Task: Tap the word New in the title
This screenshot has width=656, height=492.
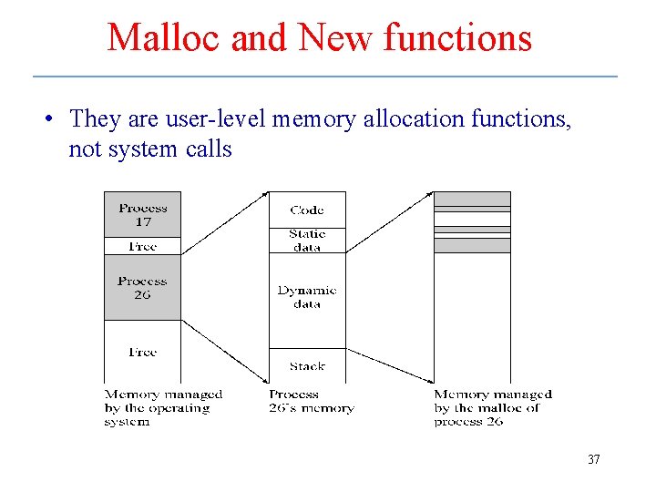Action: (335, 38)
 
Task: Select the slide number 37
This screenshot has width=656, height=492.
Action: (593, 459)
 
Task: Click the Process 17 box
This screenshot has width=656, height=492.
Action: (142, 214)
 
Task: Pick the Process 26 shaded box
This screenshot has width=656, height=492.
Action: (142, 288)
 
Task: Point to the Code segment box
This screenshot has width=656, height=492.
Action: (307, 210)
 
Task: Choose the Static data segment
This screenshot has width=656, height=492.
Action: (307, 241)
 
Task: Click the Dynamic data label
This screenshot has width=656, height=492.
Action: (307, 297)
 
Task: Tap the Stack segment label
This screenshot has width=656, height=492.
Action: (307, 366)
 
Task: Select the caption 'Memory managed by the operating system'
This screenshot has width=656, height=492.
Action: (162, 408)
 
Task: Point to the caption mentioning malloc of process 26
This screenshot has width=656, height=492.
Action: (492, 408)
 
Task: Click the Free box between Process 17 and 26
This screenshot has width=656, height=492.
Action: (142, 246)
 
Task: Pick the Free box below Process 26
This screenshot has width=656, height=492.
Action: (142, 352)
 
